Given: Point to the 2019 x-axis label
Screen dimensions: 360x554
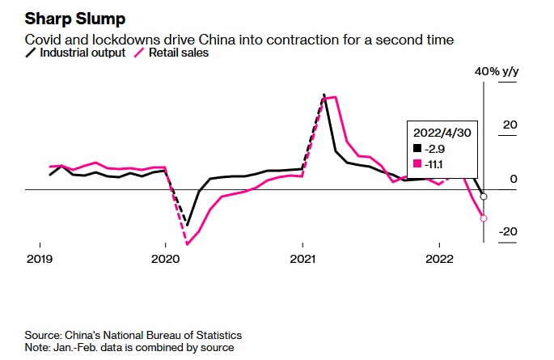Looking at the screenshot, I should [40, 260].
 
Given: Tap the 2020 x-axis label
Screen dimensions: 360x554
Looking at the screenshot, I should [165, 260].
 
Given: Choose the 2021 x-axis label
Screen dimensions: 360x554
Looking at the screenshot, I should [302, 260].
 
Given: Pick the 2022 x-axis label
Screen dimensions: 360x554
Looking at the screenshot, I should [438, 260].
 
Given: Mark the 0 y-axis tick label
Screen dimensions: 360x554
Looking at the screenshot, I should [512, 179].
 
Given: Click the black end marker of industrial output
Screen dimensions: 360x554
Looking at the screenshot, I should [484, 197].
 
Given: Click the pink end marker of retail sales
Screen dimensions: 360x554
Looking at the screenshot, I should [484, 218].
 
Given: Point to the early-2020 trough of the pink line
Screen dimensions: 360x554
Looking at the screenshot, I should [187, 244].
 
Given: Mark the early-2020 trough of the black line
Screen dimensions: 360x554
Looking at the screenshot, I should [187, 225].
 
